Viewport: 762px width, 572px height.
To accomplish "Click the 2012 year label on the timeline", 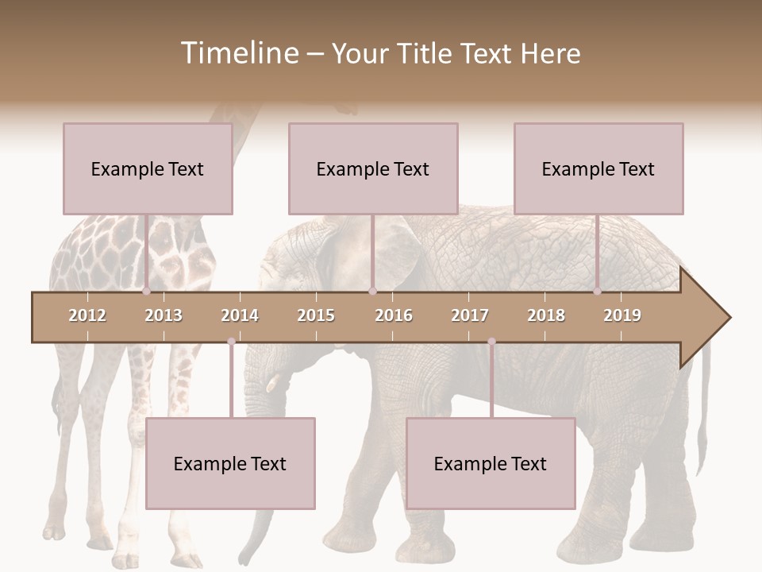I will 87,315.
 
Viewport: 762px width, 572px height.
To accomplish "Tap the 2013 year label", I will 164,315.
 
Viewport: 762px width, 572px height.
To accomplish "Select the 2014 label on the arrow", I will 240,315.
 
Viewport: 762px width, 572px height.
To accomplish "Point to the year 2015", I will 316,315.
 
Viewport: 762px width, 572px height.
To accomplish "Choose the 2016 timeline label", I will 394,315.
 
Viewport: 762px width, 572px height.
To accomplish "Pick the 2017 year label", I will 470,315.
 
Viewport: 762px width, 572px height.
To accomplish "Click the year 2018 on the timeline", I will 546,315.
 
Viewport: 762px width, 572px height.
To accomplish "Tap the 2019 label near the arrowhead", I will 622,315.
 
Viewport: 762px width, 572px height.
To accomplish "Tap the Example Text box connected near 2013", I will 148,168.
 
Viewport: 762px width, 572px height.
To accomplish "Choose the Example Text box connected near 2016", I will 373,168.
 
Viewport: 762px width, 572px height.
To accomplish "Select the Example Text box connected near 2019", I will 598,168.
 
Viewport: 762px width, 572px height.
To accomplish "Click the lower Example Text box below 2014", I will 230,463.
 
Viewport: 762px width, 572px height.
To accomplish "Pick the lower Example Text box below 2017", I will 491,463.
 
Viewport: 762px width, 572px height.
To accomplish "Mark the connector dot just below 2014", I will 231,342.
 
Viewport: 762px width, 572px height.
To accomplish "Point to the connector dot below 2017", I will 491,342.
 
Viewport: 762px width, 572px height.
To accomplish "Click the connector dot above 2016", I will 372,291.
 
